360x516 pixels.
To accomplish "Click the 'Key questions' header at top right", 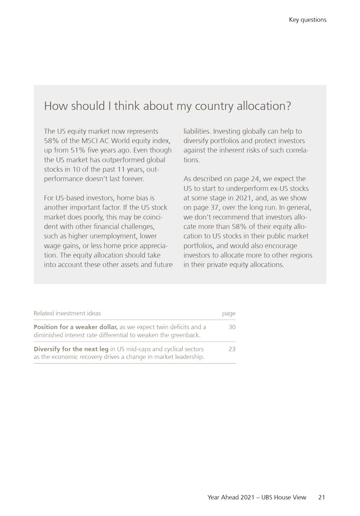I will coord(307,20).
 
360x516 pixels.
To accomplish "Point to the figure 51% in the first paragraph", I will coord(78,150).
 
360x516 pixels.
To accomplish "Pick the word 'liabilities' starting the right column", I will coord(197,131).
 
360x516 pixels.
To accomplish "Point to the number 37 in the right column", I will coord(214,207).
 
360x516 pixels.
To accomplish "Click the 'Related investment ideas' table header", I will coord(67,313).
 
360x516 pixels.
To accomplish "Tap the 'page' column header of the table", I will coord(229,314).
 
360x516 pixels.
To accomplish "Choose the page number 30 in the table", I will coord(232,327).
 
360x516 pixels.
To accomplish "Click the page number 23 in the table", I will coord(232,349).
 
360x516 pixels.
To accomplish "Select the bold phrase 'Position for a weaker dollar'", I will coord(75,327).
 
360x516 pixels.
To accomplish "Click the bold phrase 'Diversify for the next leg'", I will coord(71,349).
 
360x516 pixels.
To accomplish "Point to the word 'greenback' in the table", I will coord(185,335).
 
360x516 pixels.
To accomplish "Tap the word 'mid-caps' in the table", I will coord(137,349).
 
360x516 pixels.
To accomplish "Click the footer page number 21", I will coord(322,497).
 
